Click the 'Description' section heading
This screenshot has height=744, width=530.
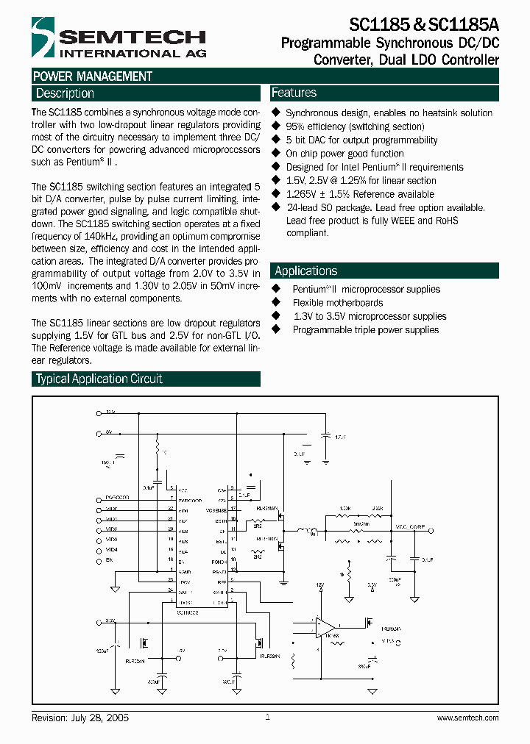click(x=65, y=93)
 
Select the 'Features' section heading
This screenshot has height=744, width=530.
click(x=294, y=93)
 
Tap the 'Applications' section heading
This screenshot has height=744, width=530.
click(x=305, y=271)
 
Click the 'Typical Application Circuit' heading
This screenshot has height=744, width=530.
click(x=99, y=379)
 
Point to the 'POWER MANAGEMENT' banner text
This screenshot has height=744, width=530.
click(x=93, y=76)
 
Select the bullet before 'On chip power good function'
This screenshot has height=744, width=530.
click(x=277, y=154)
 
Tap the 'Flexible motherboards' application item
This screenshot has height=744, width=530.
click(x=337, y=303)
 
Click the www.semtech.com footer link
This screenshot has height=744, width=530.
click(x=467, y=718)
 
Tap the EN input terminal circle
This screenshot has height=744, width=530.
click(x=99, y=560)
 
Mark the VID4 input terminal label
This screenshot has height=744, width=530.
click(x=111, y=549)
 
